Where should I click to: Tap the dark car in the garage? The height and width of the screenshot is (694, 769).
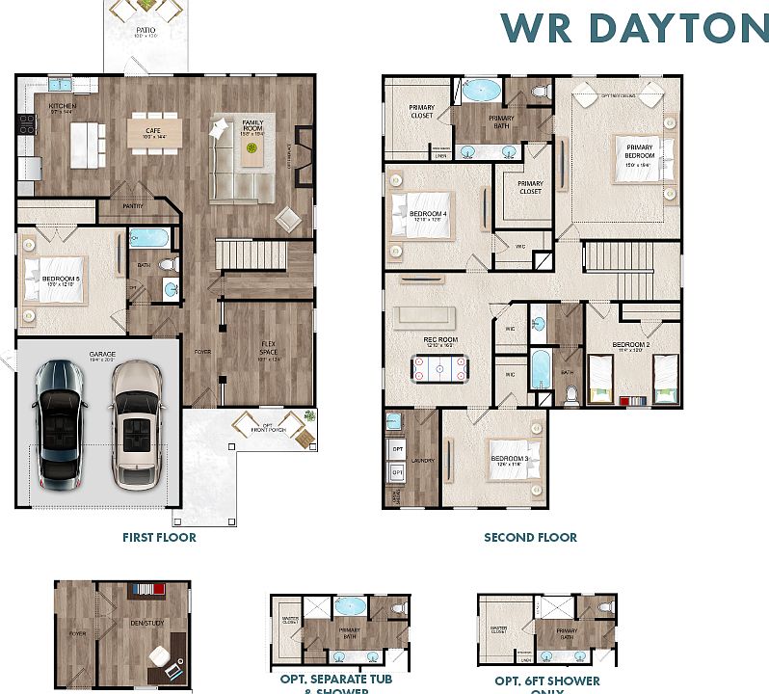(63, 424)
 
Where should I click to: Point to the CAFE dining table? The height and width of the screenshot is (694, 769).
(155, 130)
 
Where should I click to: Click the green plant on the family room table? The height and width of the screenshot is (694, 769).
(252, 148)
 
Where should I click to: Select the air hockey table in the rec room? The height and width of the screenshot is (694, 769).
(438, 367)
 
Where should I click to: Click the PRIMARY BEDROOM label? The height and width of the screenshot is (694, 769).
(639, 152)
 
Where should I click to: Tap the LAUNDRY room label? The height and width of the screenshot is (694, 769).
(423, 461)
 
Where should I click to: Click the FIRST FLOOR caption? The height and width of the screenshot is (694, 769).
(159, 537)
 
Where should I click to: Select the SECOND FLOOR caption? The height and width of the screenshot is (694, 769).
(530, 537)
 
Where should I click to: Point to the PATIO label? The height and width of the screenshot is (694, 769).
(145, 31)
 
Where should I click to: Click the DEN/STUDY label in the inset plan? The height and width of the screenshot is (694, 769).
(147, 623)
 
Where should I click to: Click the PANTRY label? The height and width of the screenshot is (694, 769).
(134, 206)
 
